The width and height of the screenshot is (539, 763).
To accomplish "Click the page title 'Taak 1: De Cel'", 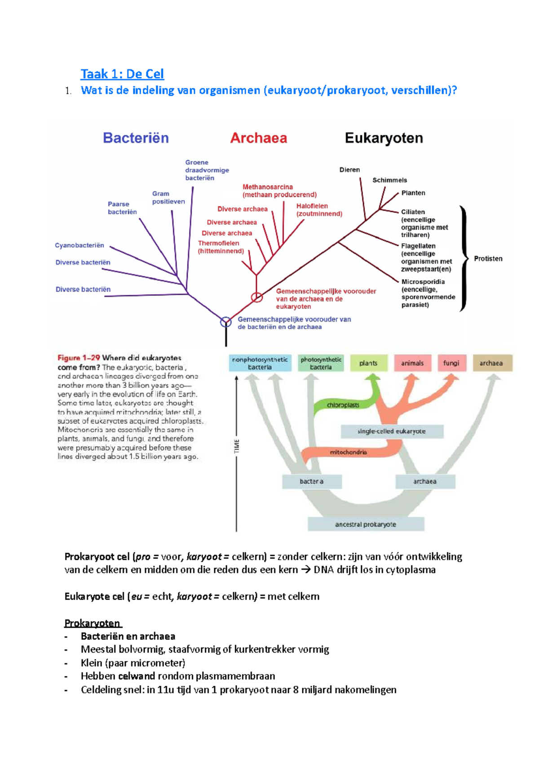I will (122, 74).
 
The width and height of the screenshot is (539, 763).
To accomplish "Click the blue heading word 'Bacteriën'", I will (136, 138).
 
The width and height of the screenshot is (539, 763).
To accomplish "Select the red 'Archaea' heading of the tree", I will (258, 138).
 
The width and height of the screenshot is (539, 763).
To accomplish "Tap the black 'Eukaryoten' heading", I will (384, 138).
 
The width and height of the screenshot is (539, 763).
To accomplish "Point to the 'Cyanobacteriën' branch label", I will (80, 245).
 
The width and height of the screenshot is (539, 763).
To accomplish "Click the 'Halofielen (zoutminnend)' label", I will (319, 210).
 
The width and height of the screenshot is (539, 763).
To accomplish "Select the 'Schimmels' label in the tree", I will (389, 180).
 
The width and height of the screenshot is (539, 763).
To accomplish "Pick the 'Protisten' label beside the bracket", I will (488, 259).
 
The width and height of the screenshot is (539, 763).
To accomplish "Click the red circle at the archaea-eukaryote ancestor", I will (256, 297).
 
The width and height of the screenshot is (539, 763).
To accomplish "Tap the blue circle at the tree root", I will (225, 322).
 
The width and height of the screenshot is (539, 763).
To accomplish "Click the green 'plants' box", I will (368, 363).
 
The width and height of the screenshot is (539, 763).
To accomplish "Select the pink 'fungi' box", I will (451, 363).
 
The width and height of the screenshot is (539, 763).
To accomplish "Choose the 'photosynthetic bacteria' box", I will (321, 363).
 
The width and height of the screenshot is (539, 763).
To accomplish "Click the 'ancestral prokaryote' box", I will (366, 524).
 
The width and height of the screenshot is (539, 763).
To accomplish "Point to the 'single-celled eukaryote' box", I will (392, 431).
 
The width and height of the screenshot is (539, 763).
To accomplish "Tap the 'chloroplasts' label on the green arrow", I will (343, 405).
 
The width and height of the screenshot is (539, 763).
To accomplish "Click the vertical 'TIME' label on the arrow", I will (237, 446).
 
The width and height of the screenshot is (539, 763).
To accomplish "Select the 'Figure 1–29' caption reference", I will (79, 358).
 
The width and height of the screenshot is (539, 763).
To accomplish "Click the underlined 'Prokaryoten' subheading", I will (93, 623).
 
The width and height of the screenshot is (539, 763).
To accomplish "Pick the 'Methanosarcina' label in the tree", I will (268, 187).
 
